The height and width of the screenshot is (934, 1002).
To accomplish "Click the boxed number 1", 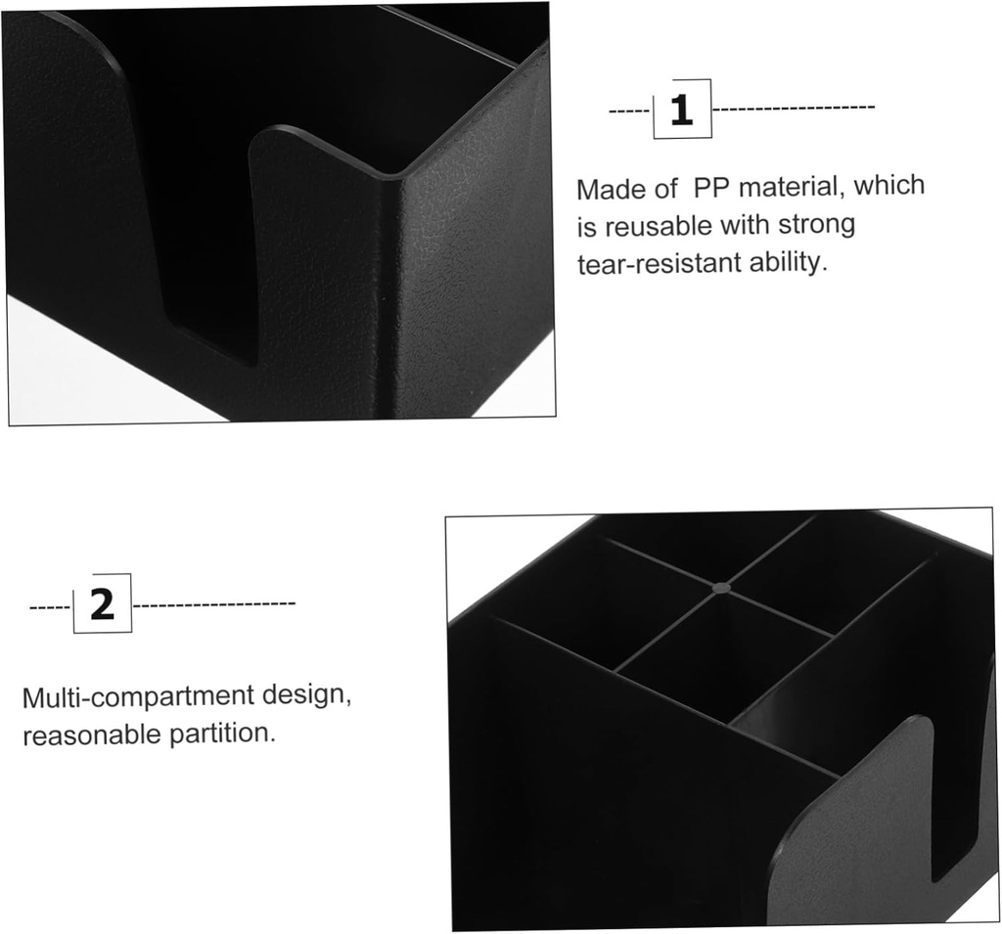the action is coord(682,110).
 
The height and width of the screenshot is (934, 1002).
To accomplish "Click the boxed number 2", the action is coord(102,603).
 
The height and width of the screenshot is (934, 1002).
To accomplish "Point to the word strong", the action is coord(816,225).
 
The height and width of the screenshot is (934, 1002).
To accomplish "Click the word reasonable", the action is coord(91,734).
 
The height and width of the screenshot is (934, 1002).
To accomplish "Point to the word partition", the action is coord(222,734).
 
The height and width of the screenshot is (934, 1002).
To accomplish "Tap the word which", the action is coord(889,185).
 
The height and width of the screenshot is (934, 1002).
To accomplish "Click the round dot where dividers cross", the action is coord(721,587).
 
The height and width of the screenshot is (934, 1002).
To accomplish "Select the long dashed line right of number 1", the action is coord(793,108).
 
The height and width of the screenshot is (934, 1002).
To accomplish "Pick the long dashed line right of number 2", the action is coord(213,602).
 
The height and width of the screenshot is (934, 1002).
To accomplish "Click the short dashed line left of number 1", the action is coord(631,111).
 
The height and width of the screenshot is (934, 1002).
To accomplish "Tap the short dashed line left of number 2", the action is coord(51,606).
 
